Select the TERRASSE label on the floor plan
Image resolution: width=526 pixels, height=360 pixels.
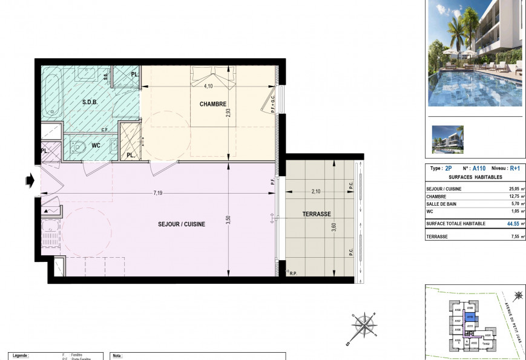317,215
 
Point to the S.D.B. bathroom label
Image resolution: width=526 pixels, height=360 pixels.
91,102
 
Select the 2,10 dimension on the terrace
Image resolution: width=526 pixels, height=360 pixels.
316,192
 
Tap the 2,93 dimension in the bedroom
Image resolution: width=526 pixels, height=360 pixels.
228,117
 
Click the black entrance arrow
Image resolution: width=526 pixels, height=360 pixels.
29,180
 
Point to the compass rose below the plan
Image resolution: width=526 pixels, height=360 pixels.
362,327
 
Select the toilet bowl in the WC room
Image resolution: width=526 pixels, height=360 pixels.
77,146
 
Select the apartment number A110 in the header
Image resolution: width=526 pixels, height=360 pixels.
479,169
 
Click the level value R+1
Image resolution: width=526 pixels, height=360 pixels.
514,169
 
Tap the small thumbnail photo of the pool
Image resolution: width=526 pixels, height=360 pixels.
447,139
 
